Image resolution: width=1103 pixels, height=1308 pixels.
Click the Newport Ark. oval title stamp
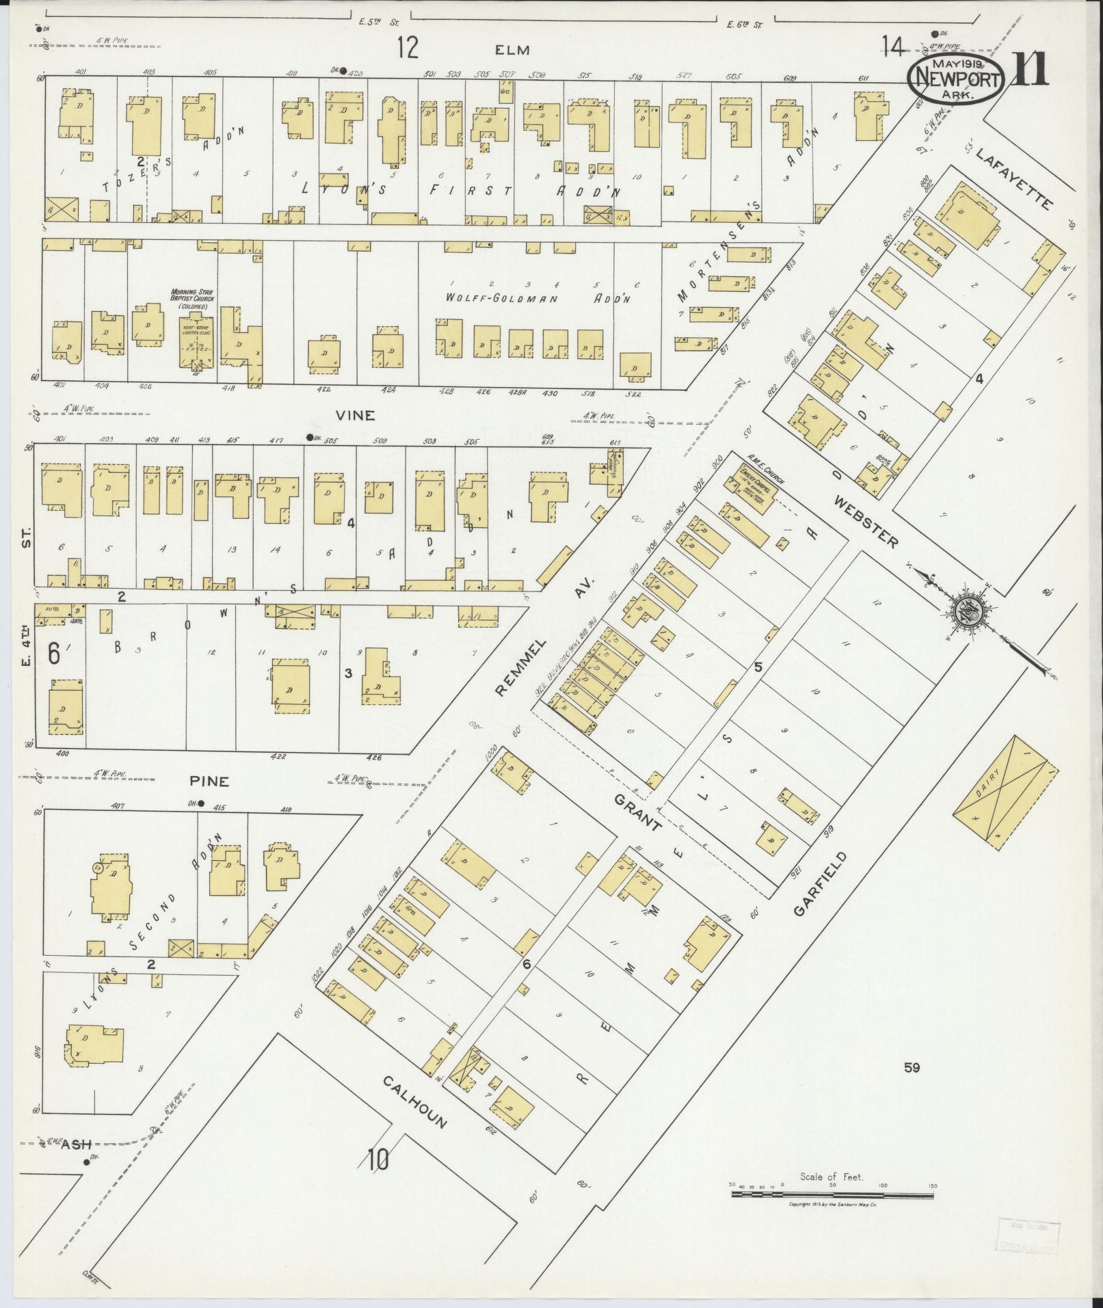click(956, 79)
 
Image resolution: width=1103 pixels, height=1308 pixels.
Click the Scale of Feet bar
click(832, 716)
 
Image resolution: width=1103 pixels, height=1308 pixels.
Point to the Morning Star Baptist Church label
click(193, 299)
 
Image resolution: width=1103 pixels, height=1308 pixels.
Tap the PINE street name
click(210, 781)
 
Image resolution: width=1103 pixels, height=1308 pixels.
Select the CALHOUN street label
click(414, 1102)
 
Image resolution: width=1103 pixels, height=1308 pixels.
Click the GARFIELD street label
click(821, 884)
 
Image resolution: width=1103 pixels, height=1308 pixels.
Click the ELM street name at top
click(513, 50)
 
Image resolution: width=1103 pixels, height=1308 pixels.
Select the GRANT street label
click(638, 812)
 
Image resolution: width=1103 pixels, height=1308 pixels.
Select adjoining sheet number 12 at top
click(408, 49)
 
